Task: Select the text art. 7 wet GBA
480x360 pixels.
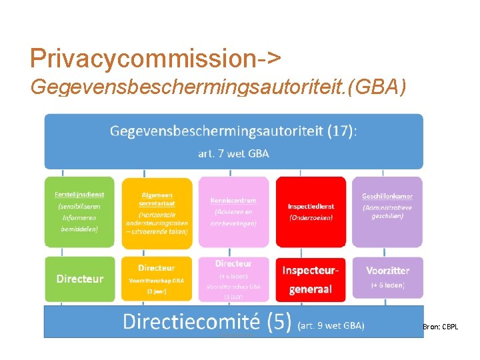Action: (x=234, y=153)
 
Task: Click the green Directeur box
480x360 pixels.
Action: (x=79, y=279)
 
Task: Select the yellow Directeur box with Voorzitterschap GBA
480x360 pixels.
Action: (x=155, y=279)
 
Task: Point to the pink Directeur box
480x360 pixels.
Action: (x=234, y=279)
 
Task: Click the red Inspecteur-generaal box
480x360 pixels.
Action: (x=311, y=279)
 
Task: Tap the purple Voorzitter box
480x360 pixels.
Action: (x=387, y=279)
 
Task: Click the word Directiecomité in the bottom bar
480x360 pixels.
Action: (x=191, y=322)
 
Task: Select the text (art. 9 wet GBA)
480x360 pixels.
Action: (x=331, y=325)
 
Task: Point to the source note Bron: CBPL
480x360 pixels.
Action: (x=440, y=327)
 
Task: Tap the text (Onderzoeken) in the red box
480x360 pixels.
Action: (x=311, y=217)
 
